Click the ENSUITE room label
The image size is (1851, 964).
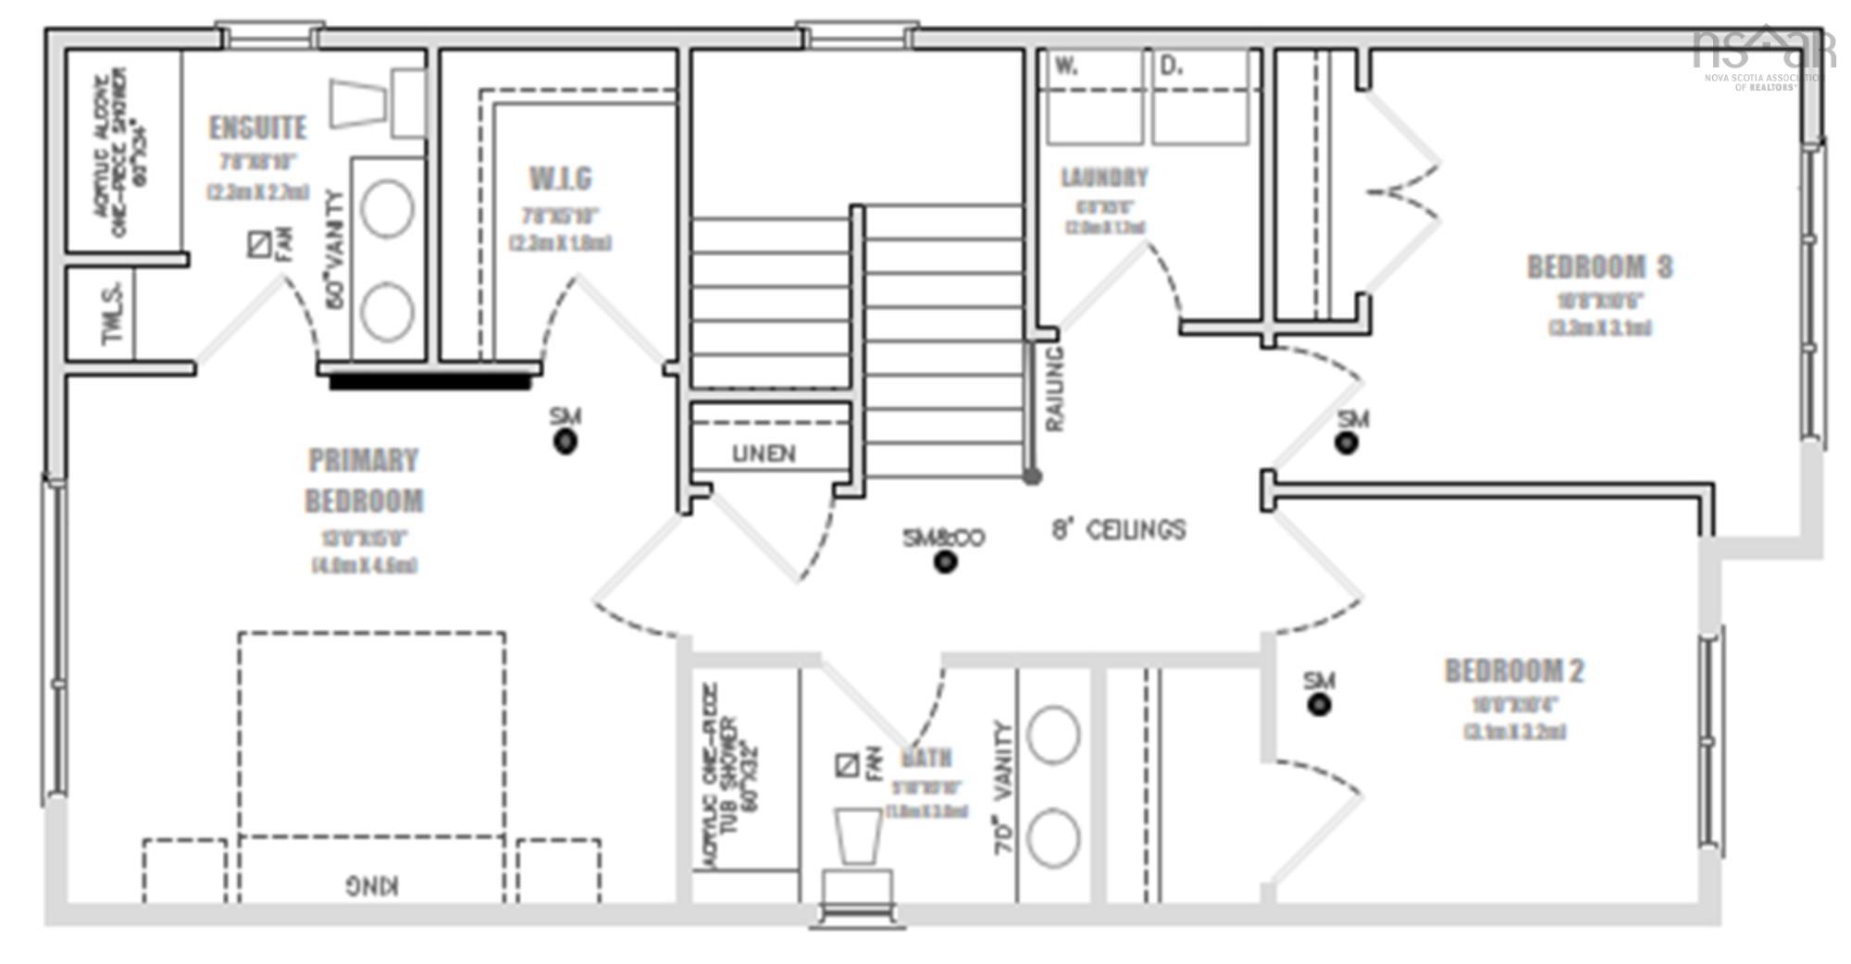[x=257, y=128]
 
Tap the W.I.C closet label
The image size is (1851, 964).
[x=560, y=178]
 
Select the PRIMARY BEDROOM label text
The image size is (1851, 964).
[x=364, y=481]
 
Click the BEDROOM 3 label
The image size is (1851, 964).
[x=1599, y=267]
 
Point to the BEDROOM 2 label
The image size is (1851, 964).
[x=1514, y=671]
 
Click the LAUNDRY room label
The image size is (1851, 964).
[x=1104, y=177]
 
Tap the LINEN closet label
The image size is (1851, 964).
[x=764, y=453]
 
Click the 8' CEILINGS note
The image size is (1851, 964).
[x=1118, y=530]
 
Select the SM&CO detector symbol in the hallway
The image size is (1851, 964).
[x=945, y=562]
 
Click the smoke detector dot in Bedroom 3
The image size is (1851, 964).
[x=1347, y=443]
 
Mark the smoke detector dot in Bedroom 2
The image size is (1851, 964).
[x=1320, y=705]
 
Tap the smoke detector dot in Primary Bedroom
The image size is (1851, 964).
[x=565, y=442]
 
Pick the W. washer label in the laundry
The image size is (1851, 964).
[x=1066, y=67]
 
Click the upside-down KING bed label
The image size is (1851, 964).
[x=372, y=885]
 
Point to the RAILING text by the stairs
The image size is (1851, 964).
[x=1055, y=389]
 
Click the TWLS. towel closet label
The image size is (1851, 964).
[x=113, y=313]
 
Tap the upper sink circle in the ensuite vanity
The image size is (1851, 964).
[x=387, y=209]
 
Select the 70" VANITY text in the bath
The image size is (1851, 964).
[x=1005, y=789]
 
